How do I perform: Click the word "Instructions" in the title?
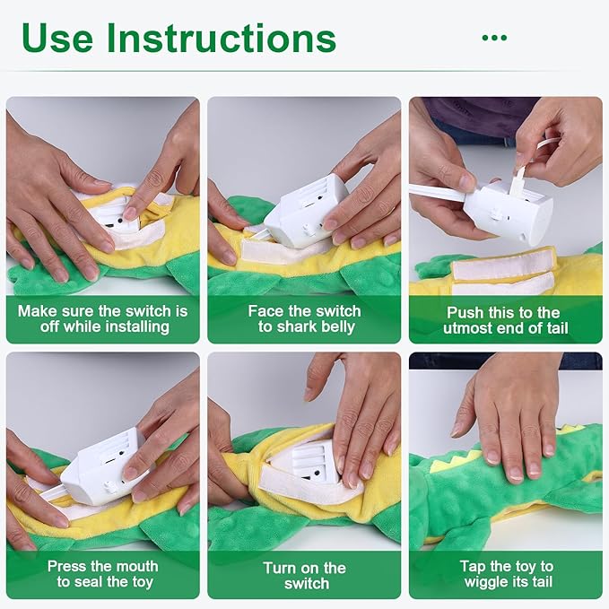(x=221, y=38)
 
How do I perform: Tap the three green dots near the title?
(x=494, y=38)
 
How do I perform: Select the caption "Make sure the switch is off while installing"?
(x=104, y=319)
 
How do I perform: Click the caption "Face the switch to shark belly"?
(x=304, y=319)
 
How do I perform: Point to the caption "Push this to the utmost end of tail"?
(x=504, y=320)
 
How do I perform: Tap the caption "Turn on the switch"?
(x=304, y=575)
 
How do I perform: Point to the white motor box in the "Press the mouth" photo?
(x=103, y=464)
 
